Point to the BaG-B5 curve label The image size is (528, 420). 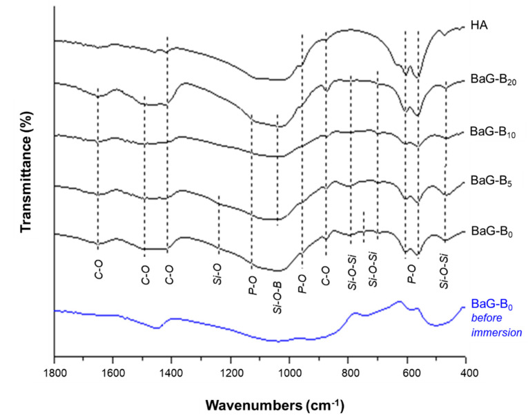click(x=489, y=180)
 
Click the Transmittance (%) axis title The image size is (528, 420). click(x=26, y=173)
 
